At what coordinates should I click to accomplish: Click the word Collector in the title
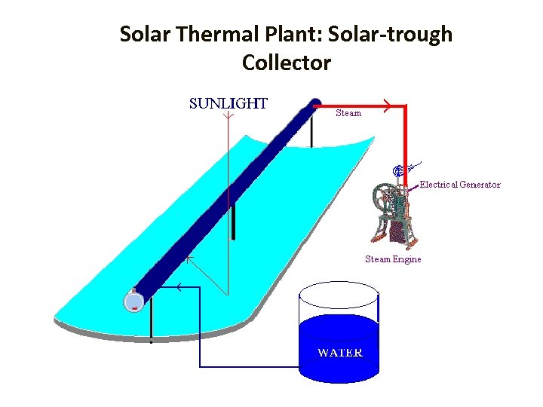click(x=287, y=63)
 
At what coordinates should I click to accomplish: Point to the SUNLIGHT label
click(x=228, y=104)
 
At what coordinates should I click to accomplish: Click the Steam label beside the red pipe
click(x=348, y=113)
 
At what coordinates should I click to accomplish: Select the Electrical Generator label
click(x=459, y=185)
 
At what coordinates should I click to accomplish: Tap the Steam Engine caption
click(x=393, y=259)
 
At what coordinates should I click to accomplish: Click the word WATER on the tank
click(x=339, y=353)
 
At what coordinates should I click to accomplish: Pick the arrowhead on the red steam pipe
click(x=385, y=106)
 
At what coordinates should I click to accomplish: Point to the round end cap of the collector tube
click(x=133, y=301)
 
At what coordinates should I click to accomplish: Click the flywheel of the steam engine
click(x=385, y=197)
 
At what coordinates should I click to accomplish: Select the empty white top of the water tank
click(x=338, y=295)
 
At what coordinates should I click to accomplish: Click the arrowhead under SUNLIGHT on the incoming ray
click(x=227, y=116)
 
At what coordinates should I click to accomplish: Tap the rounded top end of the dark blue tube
click(x=314, y=103)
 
